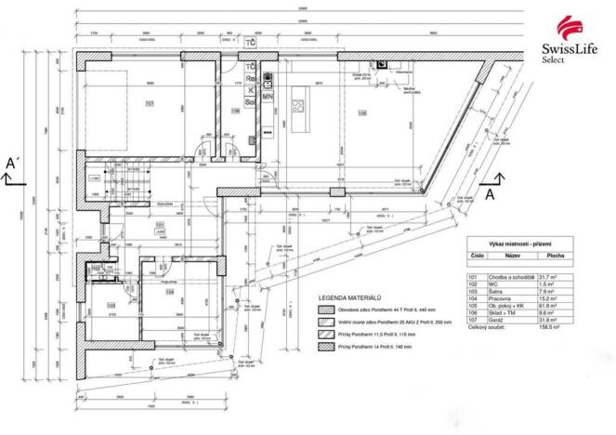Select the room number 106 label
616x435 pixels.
point(235,111)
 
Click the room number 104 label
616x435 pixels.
point(170,291)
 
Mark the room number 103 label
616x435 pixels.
point(111,303)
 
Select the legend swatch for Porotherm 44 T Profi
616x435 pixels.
point(324,310)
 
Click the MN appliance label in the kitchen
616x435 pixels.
point(267,95)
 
